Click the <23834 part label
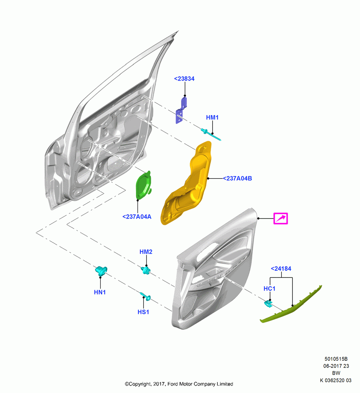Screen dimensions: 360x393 [x=184, y=79]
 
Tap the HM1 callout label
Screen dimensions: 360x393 [x=212, y=117]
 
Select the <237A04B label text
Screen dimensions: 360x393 [x=237, y=178]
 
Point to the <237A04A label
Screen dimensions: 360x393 [x=137, y=217]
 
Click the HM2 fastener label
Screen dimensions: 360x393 [x=146, y=252]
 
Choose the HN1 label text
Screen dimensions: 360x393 [x=100, y=292]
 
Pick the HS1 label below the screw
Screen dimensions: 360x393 [x=143, y=312]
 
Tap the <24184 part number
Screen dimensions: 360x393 [x=281, y=269]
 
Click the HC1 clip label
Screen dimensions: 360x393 [x=270, y=289]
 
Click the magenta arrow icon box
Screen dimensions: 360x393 [x=281, y=219]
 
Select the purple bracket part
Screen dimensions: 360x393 [x=182, y=110]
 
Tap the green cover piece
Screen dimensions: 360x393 [x=144, y=185]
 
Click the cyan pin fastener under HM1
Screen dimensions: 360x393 [x=211, y=134]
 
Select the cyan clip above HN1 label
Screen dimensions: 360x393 [x=101, y=271]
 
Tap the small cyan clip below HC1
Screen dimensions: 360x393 [x=268, y=304]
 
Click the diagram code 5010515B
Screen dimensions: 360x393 [x=336, y=359]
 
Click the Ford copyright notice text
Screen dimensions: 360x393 [x=179, y=384]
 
